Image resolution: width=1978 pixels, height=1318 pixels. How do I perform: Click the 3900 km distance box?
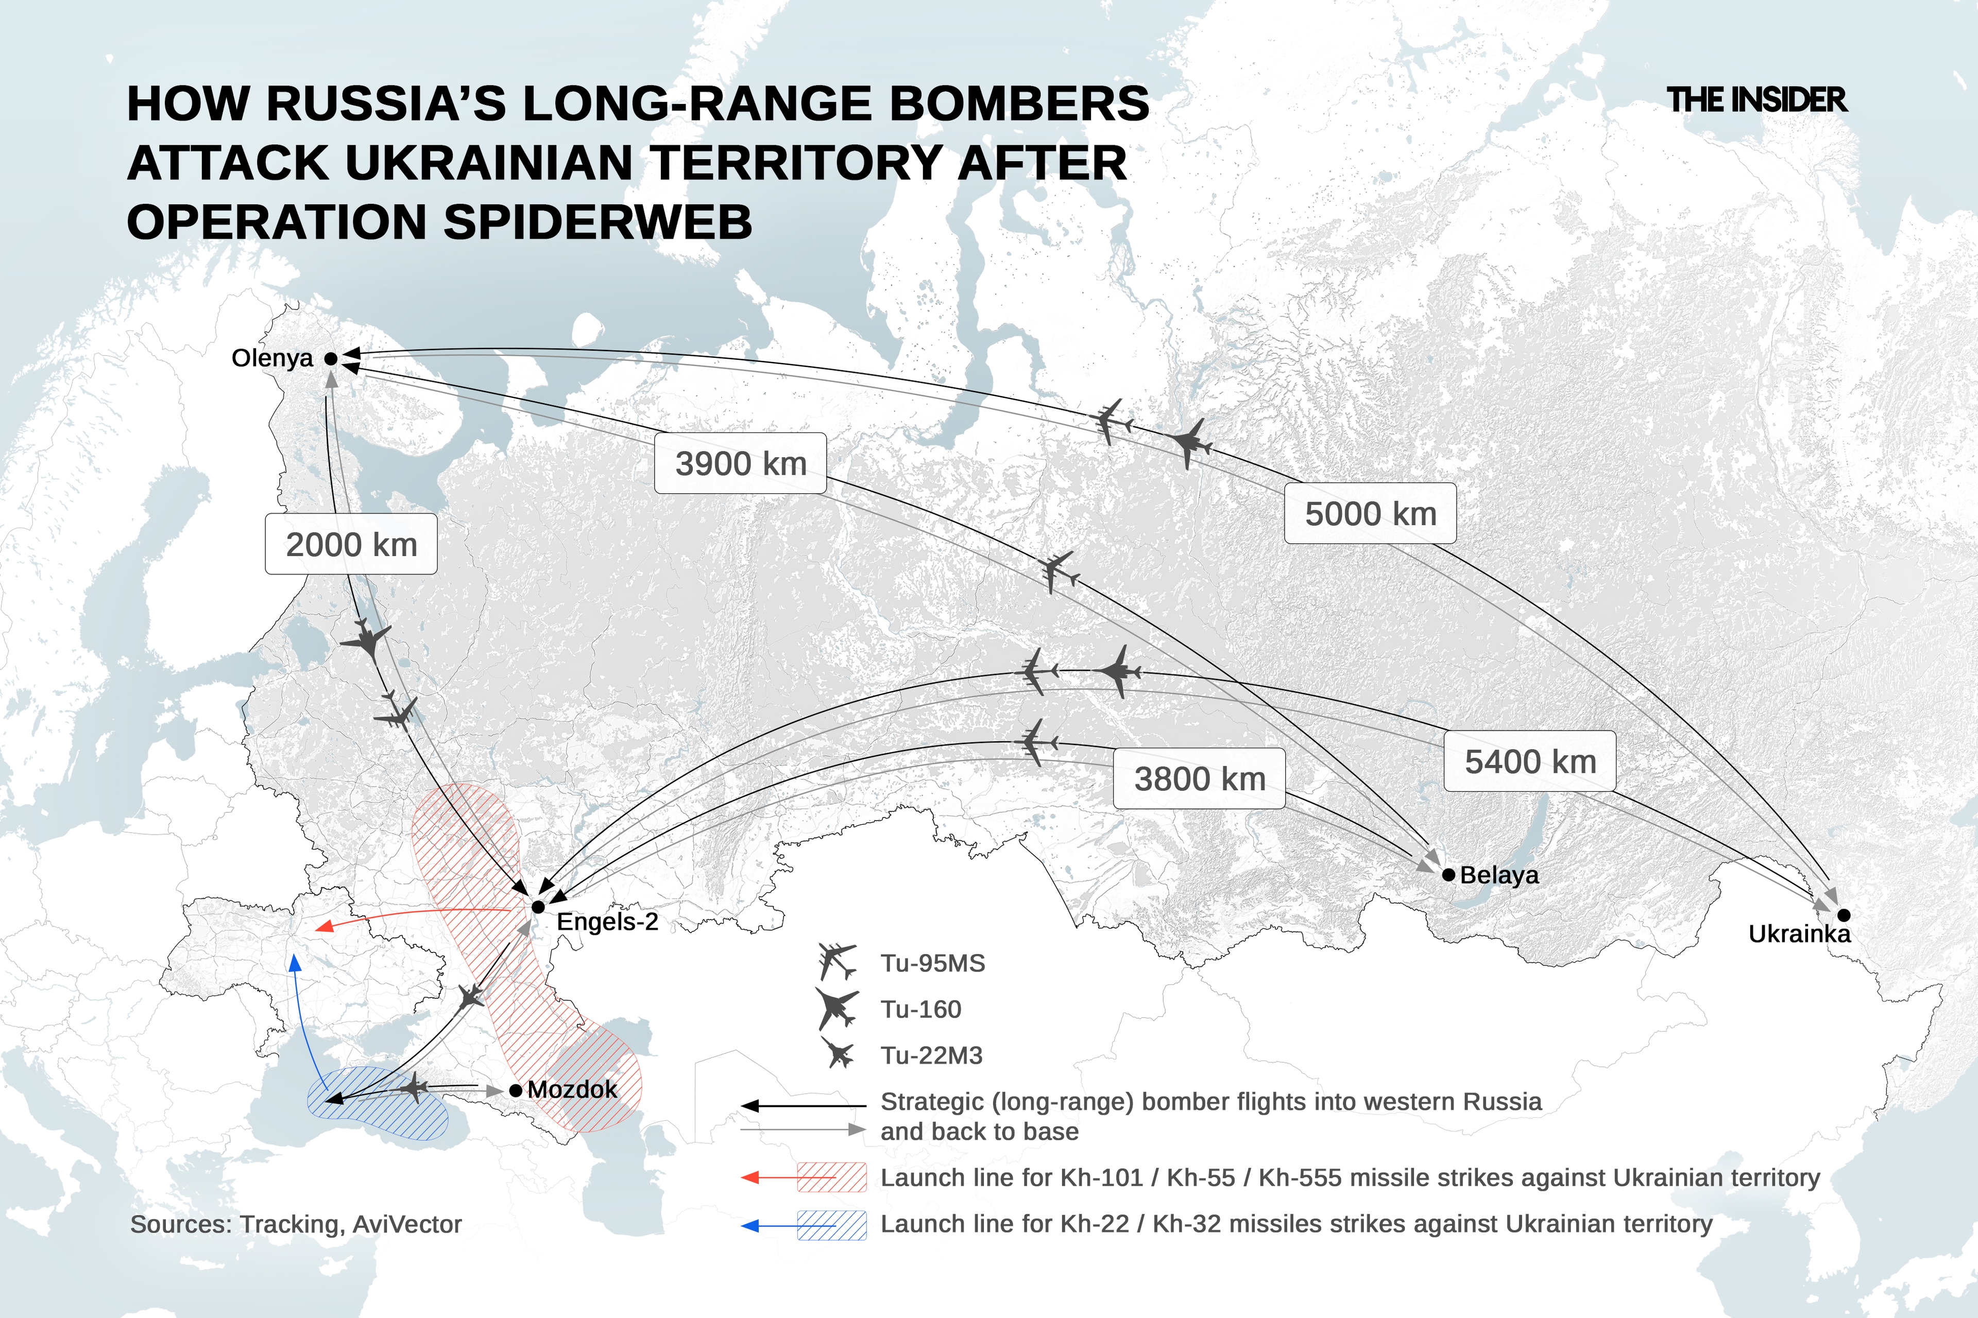[x=740, y=463]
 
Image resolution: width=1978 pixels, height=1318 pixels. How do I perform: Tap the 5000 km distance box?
[x=1370, y=514]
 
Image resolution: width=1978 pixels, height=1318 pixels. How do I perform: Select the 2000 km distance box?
[x=351, y=545]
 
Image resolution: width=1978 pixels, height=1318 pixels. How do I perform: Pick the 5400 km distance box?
[x=1530, y=761]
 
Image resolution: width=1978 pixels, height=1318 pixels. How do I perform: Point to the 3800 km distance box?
[x=1199, y=779]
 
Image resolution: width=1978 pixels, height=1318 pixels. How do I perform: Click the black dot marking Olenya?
[x=331, y=359]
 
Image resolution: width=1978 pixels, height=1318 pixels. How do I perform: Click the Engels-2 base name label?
[x=607, y=922]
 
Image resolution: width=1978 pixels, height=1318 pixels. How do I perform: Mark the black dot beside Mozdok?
[x=516, y=1090]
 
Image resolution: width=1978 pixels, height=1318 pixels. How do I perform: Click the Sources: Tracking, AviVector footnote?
[x=296, y=1225]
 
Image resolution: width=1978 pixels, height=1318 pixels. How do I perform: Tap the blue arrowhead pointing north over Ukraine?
[x=294, y=962]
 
